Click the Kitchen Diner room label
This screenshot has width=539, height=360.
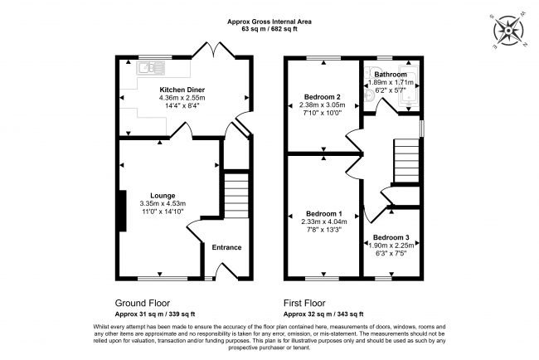coord(182,90)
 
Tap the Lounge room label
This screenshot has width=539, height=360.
coord(163,196)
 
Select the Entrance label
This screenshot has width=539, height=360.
coord(226,247)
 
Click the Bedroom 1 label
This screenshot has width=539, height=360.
coord(323,213)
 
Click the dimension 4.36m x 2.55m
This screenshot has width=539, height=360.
coord(182,98)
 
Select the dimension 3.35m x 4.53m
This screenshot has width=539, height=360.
coord(163,204)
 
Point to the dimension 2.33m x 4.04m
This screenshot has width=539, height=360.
coord(323,221)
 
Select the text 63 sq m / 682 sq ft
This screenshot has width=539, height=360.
coord(270,29)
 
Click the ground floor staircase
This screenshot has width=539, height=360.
coord(236,195)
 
